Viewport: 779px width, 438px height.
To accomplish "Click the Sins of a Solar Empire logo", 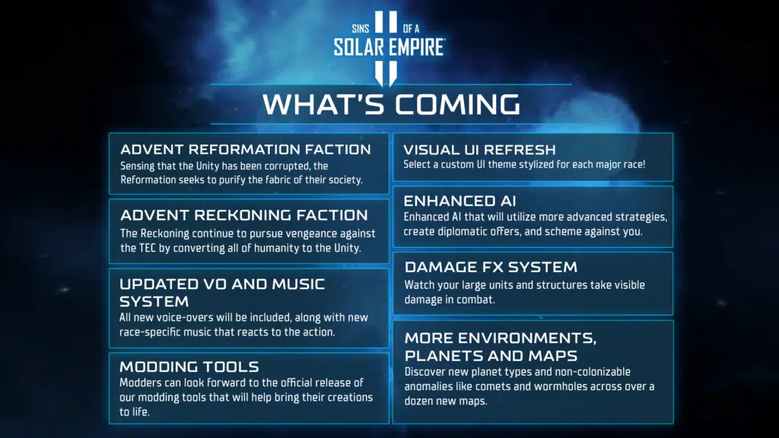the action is (x=389, y=47).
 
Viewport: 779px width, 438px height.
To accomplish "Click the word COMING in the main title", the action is (x=457, y=104).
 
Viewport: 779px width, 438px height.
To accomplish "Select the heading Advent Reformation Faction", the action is (x=246, y=150).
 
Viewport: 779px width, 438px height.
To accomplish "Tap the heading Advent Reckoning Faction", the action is (x=244, y=215).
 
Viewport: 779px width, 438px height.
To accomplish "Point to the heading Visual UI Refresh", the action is (x=479, y=150).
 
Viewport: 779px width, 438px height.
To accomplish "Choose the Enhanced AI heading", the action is (x=459, y=201).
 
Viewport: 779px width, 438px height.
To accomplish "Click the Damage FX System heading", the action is (x=491, y=267).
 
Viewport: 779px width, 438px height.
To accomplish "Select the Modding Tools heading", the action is (x=189, y=367).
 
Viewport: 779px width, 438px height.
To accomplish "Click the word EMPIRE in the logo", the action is (x=417, y=47).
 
